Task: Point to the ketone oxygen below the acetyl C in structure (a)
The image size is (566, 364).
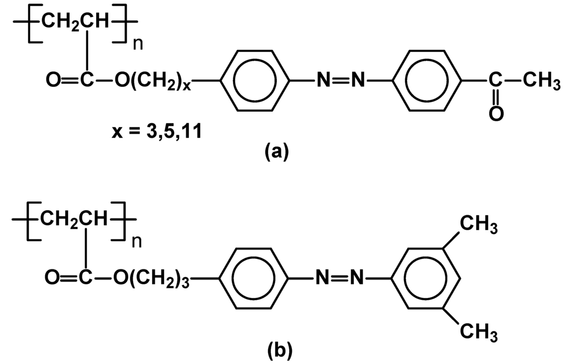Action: click(x=495, y=115)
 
